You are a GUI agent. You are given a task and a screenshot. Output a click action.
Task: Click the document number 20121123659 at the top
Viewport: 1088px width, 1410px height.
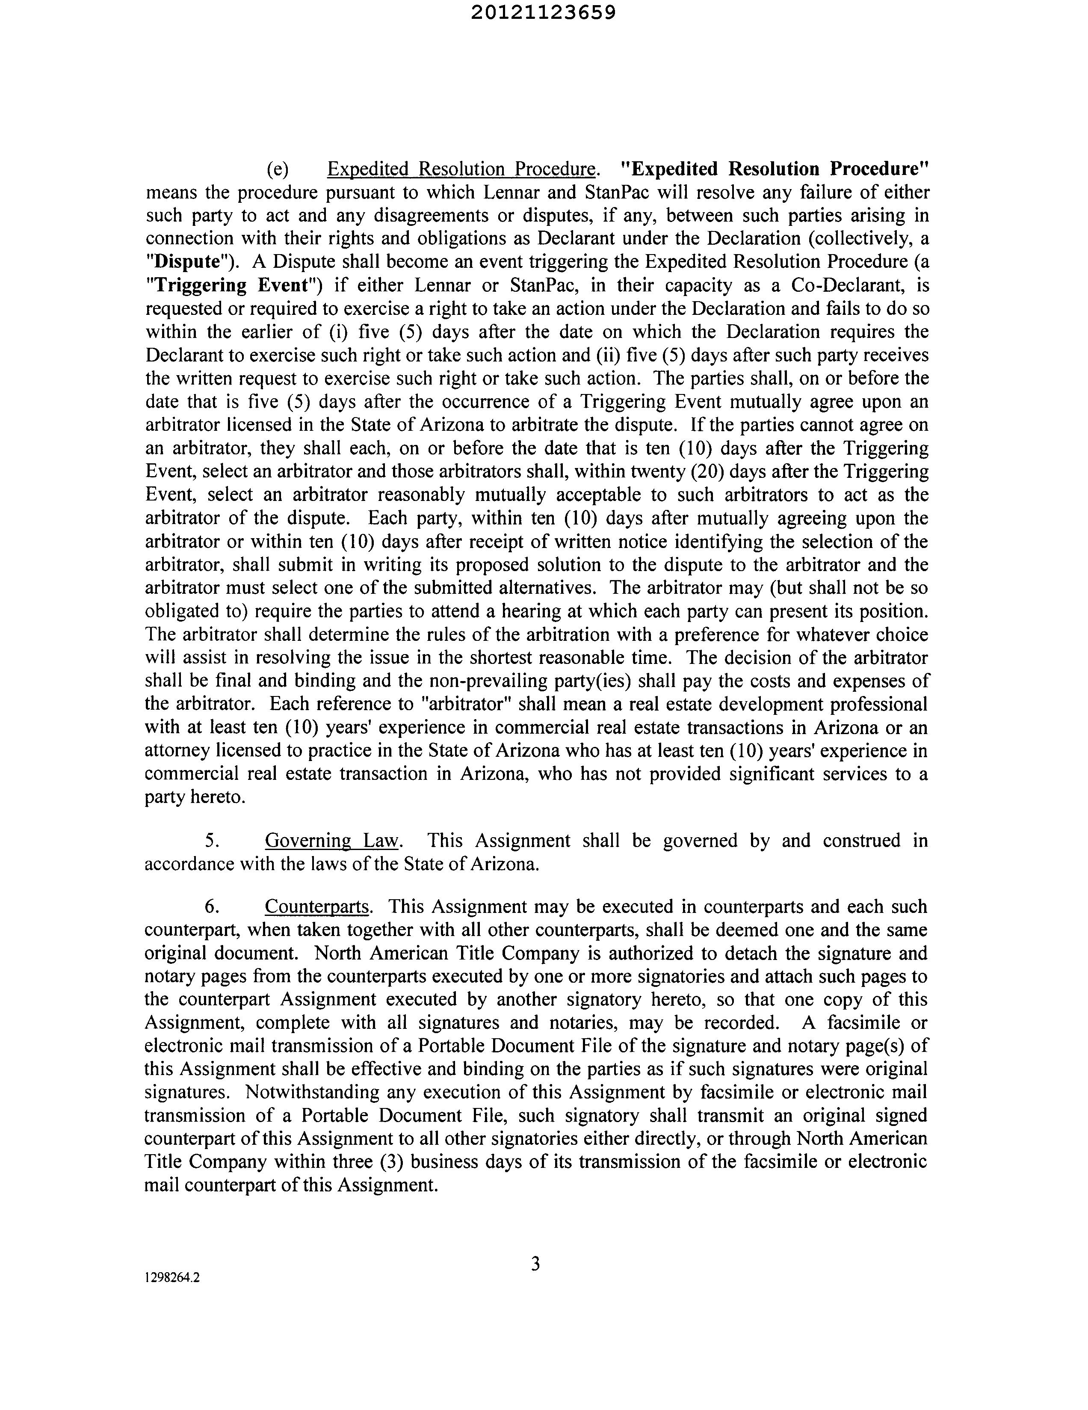543,13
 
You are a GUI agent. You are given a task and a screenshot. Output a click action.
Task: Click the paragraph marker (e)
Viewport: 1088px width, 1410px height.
278,169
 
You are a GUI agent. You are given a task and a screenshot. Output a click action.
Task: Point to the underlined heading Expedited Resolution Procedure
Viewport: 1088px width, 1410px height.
461,169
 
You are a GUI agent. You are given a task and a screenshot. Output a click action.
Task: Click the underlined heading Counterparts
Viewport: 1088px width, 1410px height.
317,906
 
